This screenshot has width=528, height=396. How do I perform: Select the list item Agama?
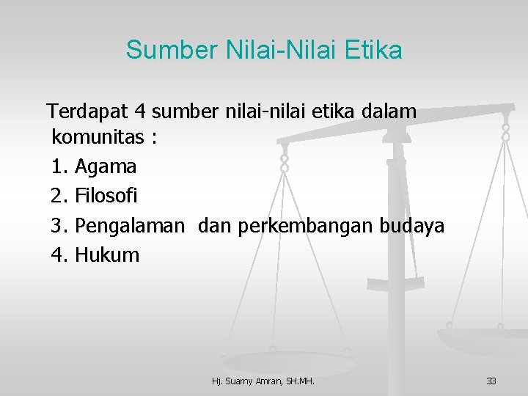tap(106, 167)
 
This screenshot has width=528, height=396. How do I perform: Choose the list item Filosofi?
tap(106, 197)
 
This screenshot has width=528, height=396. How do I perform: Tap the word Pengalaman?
tap(130, 226)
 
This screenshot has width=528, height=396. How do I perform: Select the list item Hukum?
tap(107, 255)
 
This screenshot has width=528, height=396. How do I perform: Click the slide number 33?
tap(491, 381)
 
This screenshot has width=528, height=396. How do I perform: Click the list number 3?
tap(59, 226)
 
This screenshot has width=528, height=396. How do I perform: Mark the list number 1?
tap(59, 167)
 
